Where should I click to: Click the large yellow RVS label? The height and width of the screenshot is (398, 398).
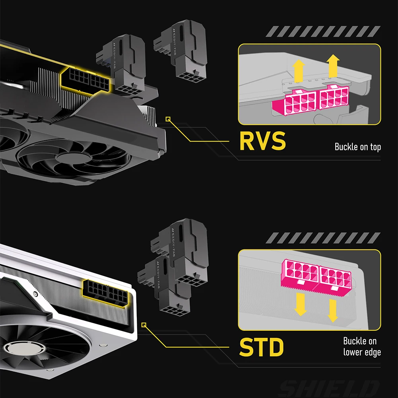pos(262,141)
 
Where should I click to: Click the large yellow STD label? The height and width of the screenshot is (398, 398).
pos(261,347)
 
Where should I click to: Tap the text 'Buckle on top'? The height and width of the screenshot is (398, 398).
pos(357,147)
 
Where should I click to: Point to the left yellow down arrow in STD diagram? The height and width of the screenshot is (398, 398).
pos(301,304)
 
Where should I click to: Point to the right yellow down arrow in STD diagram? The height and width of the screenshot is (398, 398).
pos(332,309)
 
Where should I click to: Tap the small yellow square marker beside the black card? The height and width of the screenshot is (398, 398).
pos(168,118)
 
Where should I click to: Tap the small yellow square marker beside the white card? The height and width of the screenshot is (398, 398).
pos(144,325)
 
